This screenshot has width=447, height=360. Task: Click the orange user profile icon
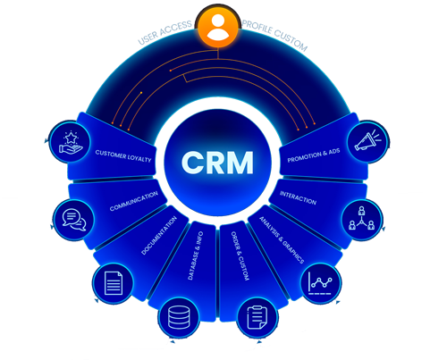(x=218, y=27)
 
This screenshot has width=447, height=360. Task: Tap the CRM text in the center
(x=217, y=163)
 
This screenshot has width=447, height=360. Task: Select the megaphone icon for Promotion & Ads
(x=368, y=141)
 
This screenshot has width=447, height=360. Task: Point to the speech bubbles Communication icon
(x=74, y=220)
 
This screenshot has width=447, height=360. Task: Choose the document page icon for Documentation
(x=114, y=283)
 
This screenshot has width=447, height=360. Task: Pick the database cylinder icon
(x=179, y=317)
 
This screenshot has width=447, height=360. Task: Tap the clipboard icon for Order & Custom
(x=257, y=317)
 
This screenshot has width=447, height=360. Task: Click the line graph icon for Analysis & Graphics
(x=321, y=283)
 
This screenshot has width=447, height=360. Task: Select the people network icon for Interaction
(x=362, y=220)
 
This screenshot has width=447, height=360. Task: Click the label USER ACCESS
(x=164, y=32)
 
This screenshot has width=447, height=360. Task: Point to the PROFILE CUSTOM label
(x=274, y=35)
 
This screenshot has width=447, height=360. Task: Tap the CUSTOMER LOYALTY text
(x=123, y=156)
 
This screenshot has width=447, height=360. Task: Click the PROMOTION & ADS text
(x=314, y=155)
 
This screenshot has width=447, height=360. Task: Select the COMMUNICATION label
(x=134, y=201)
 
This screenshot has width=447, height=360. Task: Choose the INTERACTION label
(x=298, y=197)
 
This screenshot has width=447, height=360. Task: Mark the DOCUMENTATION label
(x=159, y=235)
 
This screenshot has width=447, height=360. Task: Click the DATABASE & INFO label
(x=196, y=255)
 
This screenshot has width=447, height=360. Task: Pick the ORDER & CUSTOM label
(x=240, y=255)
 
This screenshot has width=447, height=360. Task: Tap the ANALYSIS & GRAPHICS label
(x=282, y=240)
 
